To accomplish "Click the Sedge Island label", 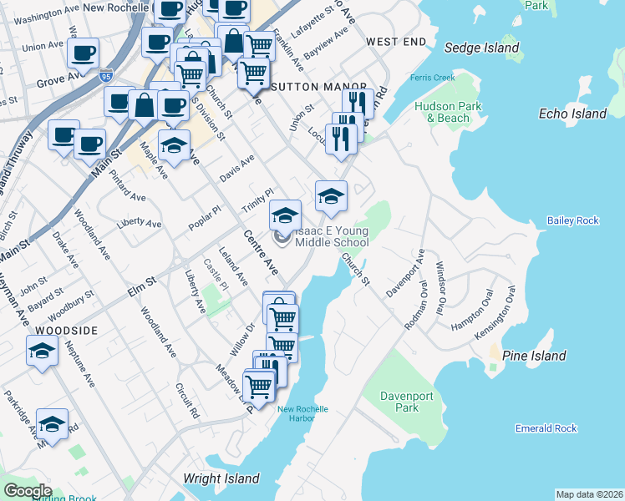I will point(481,48).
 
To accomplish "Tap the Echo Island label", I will point(572,114).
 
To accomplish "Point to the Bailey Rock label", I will point(573,220).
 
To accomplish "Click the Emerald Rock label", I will point(546,428).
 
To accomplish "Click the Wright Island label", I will point(221,478).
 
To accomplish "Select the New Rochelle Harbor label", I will point(302,414).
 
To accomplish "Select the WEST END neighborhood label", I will point(393,42).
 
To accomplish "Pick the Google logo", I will point(28,491).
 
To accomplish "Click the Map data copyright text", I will point(588,494).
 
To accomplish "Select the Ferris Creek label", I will point(432,78).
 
